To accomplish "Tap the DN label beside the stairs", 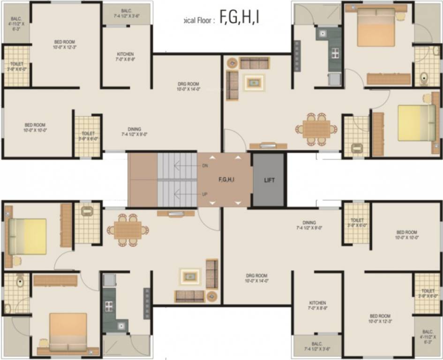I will tap(205, 166).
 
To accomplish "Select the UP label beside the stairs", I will tap(205, 194).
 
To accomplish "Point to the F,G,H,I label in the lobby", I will tap(226, 179).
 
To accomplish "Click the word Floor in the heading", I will tap(204, 20).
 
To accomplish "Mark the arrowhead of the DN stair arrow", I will tap(175, 165).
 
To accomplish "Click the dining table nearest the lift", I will tap(316, 128).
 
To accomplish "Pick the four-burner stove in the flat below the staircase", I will tap(109, 306).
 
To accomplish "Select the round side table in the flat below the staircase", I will tap(211, 296).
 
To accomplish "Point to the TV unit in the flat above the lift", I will tap(268, 146).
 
